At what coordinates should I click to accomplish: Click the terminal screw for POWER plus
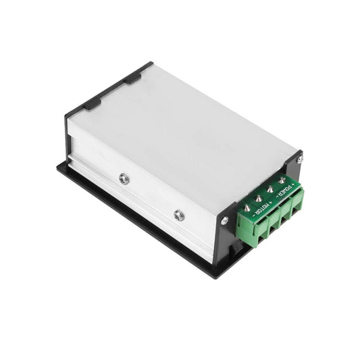pos(281,180)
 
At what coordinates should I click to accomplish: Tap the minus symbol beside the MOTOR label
pos(253,215)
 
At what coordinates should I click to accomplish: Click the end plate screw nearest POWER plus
pos(299,159)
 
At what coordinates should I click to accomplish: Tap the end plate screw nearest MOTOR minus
pos(224,220)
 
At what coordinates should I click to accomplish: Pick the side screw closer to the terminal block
pos(178,215)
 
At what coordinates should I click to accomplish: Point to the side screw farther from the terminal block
pos(124,178)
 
